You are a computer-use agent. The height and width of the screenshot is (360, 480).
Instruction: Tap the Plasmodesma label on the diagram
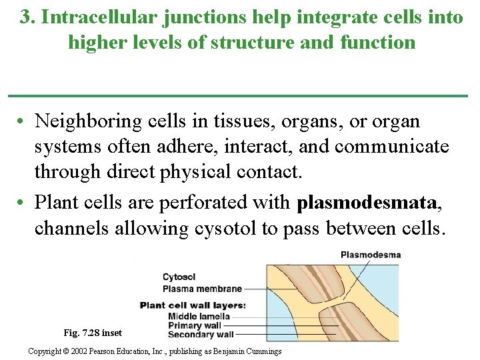pyautogui.click(x=370, y=254)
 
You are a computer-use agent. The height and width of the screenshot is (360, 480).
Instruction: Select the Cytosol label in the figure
pyautogui.click(x=179, y=277)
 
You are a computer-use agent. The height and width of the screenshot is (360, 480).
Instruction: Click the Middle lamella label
pyautogui.click(x=199, y=316)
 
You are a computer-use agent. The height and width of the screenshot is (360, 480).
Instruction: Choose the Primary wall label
pyautogui.click(x=195, y=325)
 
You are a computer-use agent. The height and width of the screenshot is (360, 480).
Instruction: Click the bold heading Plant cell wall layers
pyautogui.click(x=193, y=305)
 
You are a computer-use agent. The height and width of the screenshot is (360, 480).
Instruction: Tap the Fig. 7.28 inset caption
pyautogui.click(x=93, y=333)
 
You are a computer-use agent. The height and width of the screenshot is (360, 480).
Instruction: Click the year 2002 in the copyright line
pyautogui.click(x=81, y=351)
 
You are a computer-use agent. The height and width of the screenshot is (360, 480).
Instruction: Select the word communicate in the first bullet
pyautogui.click(x=392, y=147)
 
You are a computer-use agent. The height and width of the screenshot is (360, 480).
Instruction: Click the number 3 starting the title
pyautogui.click(x=25, y=17)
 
